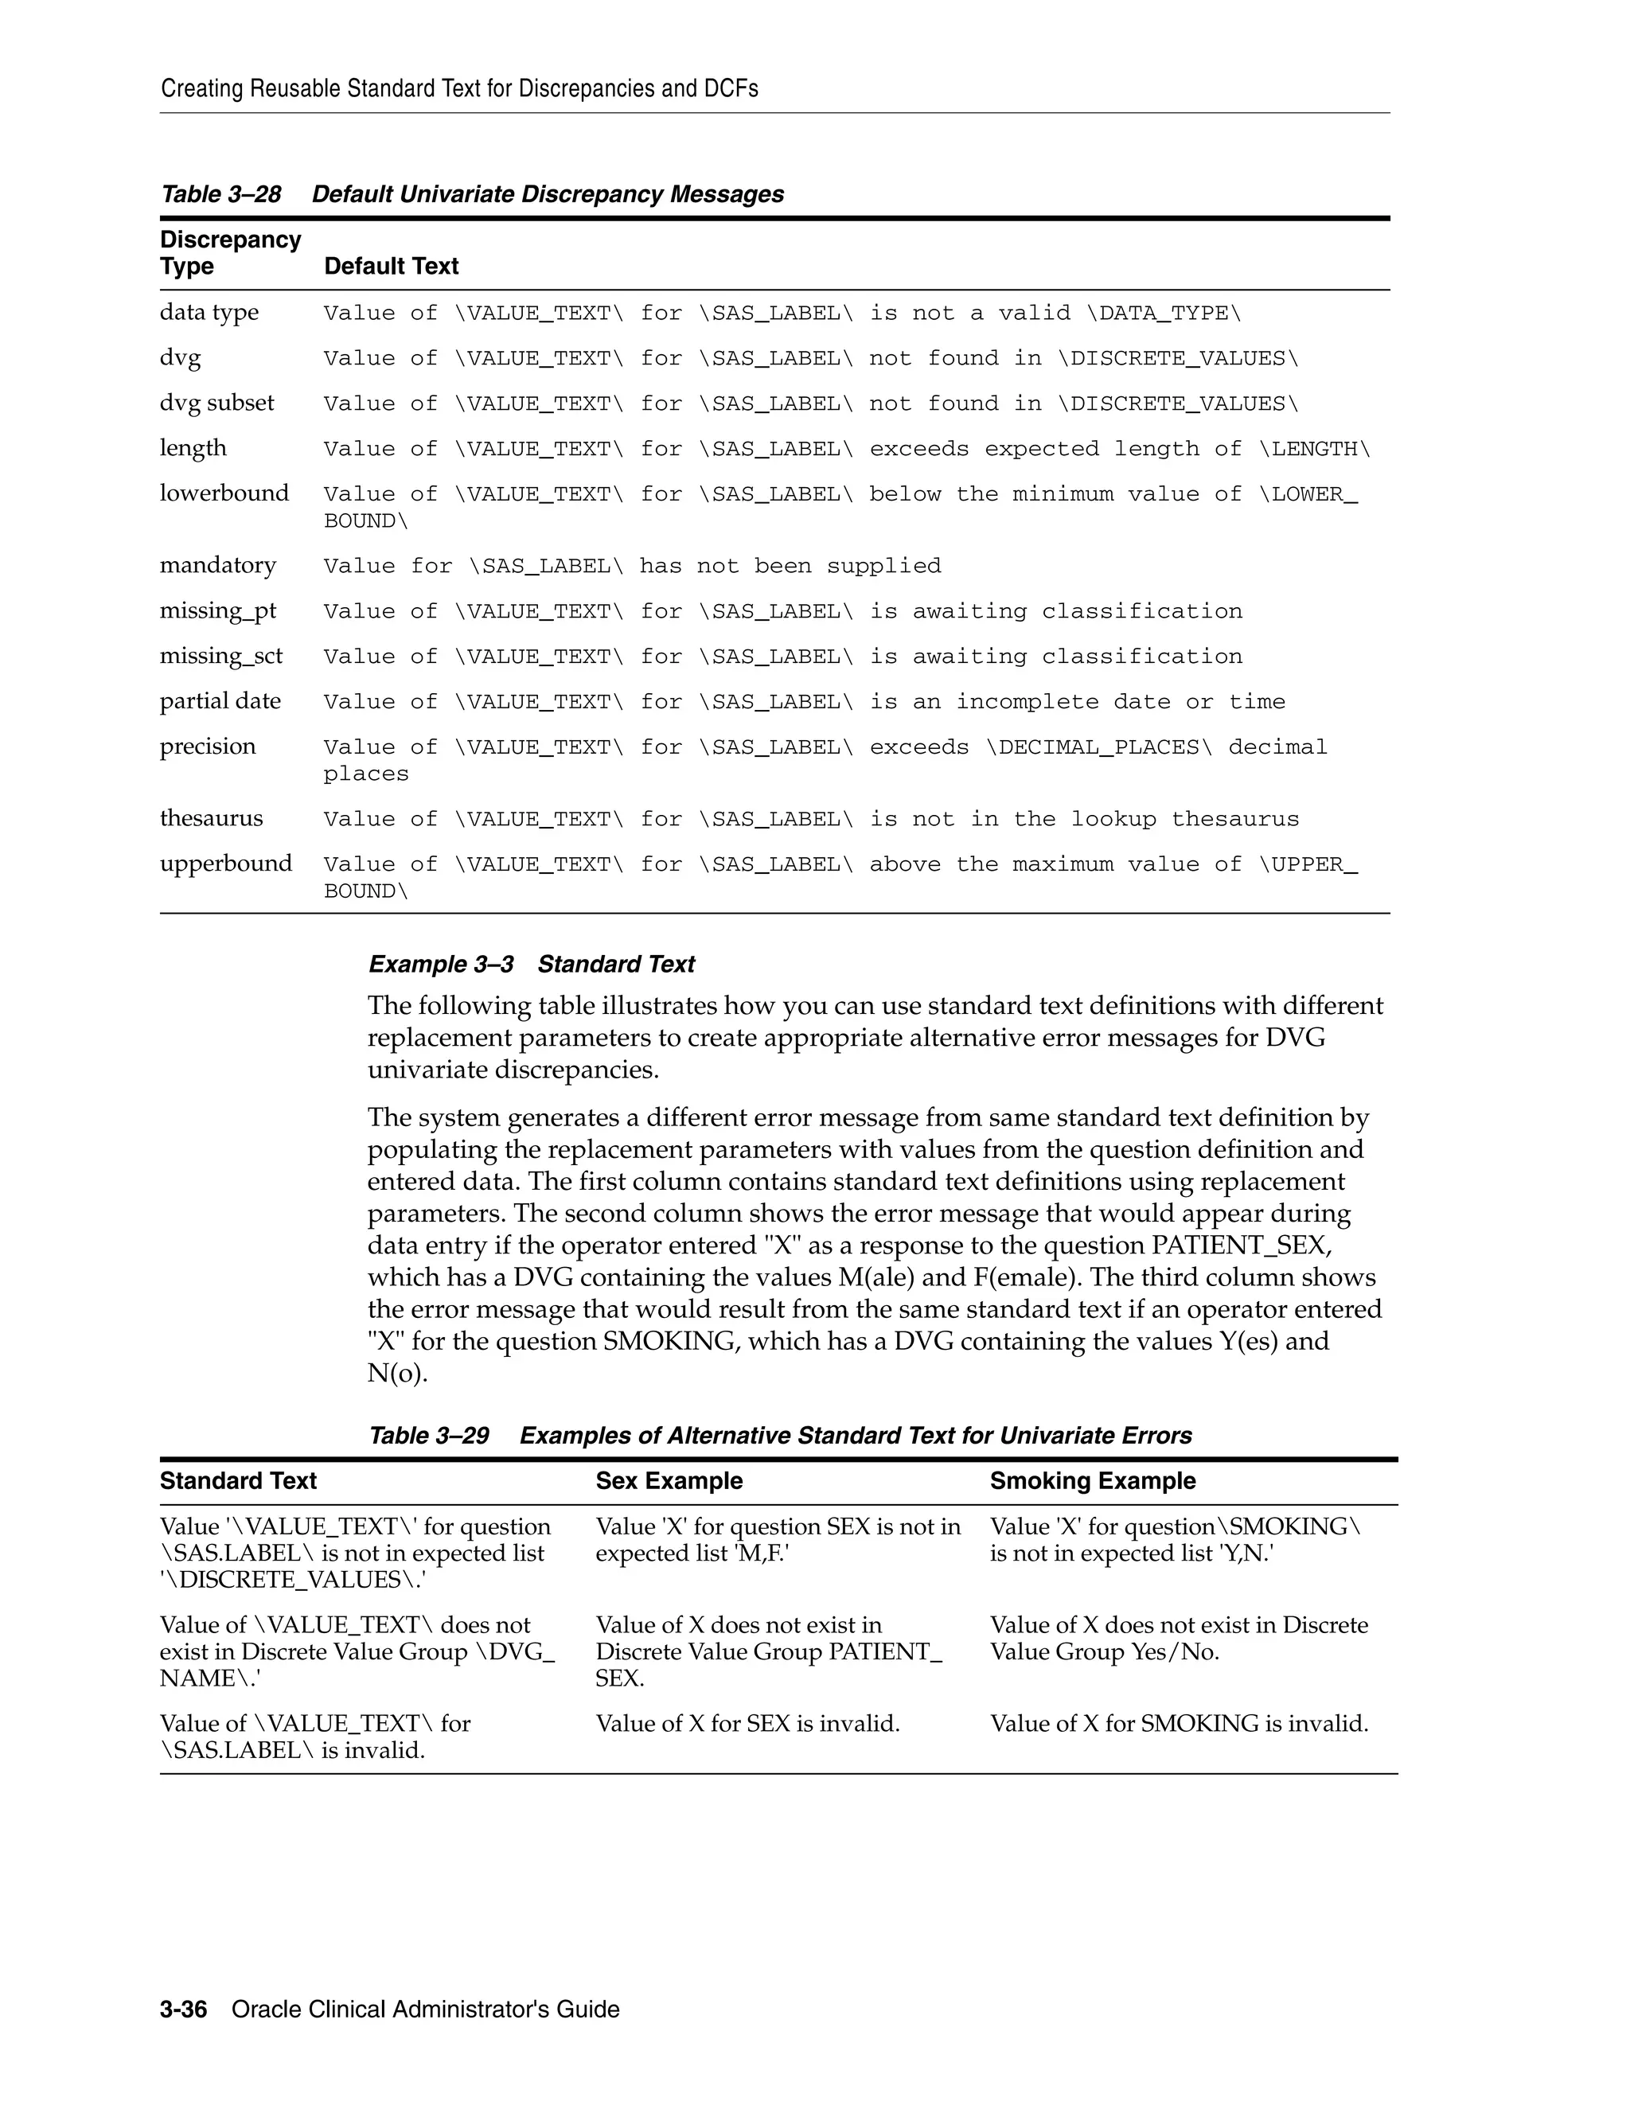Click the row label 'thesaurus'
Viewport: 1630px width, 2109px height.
click(x=210, y=818)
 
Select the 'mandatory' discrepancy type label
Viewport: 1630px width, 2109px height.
click(x=217, y=565)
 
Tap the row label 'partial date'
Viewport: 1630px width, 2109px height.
click(x=220, y=701)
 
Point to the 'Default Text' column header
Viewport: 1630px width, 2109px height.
click(x=391, y=266)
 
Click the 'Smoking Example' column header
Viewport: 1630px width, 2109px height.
click(x=1092, y=1480)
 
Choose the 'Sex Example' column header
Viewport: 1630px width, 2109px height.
click(x=669, y=1480)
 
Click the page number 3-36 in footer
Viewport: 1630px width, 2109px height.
click(x=184, y=2010)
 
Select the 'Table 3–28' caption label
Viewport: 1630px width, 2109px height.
click(x=220, y=194)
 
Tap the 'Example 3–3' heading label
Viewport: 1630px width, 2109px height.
click(x=440, y=964)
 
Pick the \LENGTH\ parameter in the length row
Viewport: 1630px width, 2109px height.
click(x=1314, y=448)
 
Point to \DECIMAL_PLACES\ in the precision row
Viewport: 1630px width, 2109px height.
click(x=1098, y=747)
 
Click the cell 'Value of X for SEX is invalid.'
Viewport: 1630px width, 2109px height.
click(x=747, y=1723)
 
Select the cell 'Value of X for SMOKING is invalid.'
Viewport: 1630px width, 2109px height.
click(x=1178, y=1723)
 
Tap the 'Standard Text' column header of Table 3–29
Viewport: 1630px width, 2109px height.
click(x=237, y=1480)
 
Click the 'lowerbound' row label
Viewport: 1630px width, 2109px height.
click(x=224, y=493)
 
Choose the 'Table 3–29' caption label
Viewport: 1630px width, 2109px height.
click(x=429, y=1435)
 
